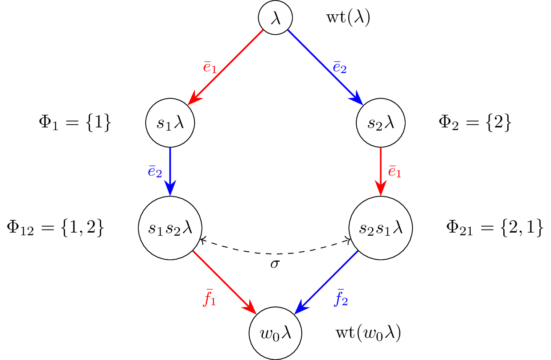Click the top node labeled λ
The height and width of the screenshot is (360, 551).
click(275, 19)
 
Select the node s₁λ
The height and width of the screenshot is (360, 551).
click(170, 123)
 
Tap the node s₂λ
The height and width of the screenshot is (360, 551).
click(381, 123)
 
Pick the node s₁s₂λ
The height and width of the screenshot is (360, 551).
click(170, 228)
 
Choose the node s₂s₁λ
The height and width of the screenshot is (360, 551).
click(381, 228)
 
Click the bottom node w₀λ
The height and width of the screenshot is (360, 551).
click(275, 333)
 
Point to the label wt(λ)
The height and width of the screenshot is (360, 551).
click(348, 19)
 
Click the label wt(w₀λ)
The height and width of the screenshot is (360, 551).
click(368, 333)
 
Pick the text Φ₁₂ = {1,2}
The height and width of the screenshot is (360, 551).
click(55, 228)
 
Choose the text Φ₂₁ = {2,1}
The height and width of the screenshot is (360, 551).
click(494, 228)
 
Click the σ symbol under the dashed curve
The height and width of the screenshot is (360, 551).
click(275, 264)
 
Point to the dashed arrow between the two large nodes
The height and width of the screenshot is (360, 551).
click(275, 253)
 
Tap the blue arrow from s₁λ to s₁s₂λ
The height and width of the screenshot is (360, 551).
click(170, 172)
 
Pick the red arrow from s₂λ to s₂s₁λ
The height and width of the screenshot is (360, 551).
click(381, 172)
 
